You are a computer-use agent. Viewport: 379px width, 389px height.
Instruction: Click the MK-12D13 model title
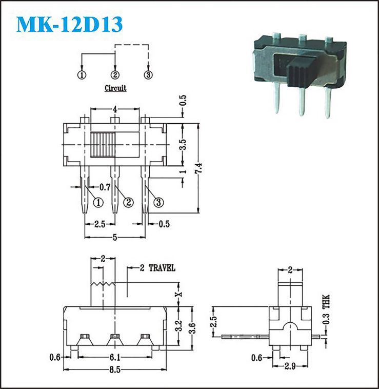(x=69, y=24)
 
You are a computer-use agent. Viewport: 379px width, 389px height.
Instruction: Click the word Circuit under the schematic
(x=115, y=88)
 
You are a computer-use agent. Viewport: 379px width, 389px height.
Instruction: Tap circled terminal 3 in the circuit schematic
(x=148, y=75)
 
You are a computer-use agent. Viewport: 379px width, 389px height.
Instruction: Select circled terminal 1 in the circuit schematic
(x=82, y=75)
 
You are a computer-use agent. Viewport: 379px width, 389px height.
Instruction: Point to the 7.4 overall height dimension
(x=199, y=168)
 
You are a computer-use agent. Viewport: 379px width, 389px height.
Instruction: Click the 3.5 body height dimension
(x=183, y=144)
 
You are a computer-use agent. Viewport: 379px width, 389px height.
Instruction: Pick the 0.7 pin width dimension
(x=105, y=187)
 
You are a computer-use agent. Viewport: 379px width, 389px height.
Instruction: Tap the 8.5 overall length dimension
(x=115, y=369)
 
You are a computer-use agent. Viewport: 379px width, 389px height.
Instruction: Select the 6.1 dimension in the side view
(x=115, y=357)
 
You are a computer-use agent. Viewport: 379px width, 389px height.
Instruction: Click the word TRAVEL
(x=162, y=268)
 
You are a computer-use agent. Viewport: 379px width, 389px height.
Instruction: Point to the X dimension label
(x=179, y=294)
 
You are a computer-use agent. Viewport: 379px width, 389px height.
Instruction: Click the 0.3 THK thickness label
(x=326, y=309)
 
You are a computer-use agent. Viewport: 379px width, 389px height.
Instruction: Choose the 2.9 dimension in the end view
(x=290, y=366)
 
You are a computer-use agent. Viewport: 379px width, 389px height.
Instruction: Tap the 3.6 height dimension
(x=192, y=328)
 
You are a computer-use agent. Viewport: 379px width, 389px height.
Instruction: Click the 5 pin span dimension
(x=115, y=238)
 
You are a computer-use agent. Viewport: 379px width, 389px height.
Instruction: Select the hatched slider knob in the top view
(x=103, y=145)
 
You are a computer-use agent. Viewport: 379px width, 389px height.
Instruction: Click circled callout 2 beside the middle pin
(x=128, y=202)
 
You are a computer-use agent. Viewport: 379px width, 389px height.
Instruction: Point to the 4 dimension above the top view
(x=115, y=109)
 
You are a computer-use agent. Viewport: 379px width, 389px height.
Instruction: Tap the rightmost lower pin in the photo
(x=328, y=103)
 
